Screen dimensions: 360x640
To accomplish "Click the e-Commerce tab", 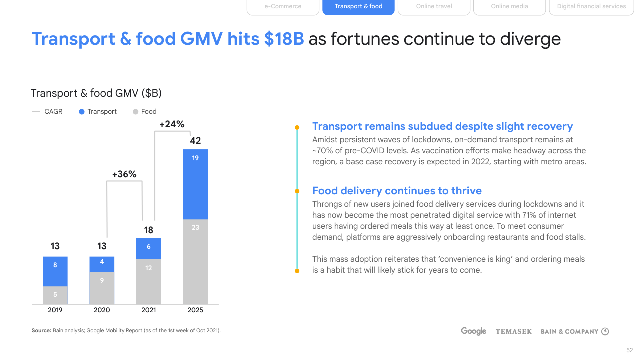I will pyautogui.click(x=283, y=7).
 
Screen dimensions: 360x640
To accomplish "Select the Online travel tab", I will pyautogui.click(x=434, y=7).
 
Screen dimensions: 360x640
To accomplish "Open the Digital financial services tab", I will pyautogui.click(x=591, y=7).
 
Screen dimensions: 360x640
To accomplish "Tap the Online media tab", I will pyautogui.click(x=509, y=7).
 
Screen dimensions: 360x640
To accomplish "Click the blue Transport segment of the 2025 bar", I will pyautogui.click(x=195, y=184).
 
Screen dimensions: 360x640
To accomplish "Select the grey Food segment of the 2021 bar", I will pyautogui.click(x=149, y=281).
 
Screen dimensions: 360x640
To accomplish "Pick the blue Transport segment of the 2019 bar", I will pyautogui.click(x=55, y=271).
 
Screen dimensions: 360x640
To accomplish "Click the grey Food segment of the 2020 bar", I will pyautogui.click(x=102, y=288).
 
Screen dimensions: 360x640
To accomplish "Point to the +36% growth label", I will pyautogui.click(x=124, y=174).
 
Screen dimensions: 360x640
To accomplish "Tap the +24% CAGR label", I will pyautogui.click(x=172, y=124).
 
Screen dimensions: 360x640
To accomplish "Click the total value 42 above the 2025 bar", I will pyautogui.click(x=195, y=141).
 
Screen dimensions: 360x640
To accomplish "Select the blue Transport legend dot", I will pyautogui.click(x=82, y=112).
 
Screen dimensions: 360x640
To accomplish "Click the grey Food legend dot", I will pyautogui.click(x=135, y=112).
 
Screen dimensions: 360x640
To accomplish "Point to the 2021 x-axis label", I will pyautogui.click(x=149, y=310).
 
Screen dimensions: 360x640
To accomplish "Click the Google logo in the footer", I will pyautogui.click(x=473, y=331).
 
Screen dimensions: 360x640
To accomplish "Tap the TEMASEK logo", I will pyautogui.click(x=513, y=331).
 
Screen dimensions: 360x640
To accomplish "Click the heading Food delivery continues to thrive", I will pyautogui.click(x=397, y=191).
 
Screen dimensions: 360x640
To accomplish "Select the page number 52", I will pyautogui.click(x=629, y=350).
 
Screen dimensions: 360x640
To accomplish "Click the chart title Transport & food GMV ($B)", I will pyautogui.click(x=96, y=93).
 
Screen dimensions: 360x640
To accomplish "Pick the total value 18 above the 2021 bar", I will pyautogui.click(x=149, y=230).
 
